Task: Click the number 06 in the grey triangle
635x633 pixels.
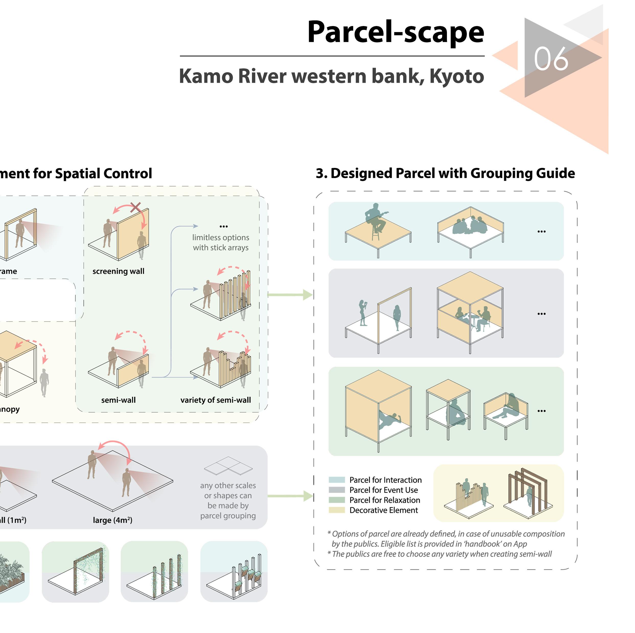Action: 551,59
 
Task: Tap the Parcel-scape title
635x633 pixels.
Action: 395,32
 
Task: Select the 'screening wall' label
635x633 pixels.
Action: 118,271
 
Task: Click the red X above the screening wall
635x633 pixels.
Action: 135,207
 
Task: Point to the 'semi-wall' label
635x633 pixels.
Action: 118,400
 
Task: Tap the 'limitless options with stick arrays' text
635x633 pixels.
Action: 221,242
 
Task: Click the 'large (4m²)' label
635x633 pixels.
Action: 112,520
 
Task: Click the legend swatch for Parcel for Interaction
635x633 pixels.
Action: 337,480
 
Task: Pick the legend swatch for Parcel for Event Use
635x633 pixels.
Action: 337,490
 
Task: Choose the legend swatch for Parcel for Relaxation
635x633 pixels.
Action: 337,500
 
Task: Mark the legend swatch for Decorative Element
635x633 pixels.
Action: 337,510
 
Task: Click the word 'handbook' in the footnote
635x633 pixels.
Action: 482,544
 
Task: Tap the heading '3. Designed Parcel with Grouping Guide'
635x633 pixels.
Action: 445,173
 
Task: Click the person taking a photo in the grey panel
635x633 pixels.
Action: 363,313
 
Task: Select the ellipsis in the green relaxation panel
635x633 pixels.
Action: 541,411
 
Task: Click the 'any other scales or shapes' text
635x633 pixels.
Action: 228,500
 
